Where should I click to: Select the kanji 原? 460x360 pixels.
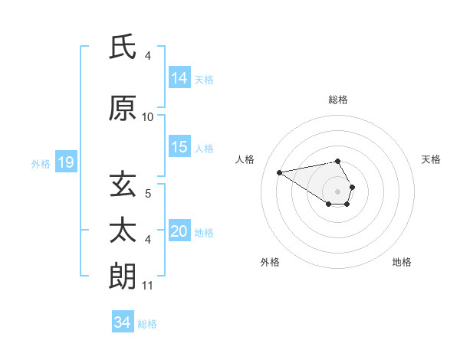pyautogui.click(x=123, y=109)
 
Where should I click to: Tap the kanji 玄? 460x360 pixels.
pyautogui.click(x=123, y=185)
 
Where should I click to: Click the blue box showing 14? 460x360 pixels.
pyautogui.click(x=179, y=77)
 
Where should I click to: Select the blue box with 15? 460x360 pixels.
pyautogui.click(x=179, y=147)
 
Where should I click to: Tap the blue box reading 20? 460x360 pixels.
pyautogui.click(x=179, y=231)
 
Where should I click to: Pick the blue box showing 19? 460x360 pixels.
pyautogui.click(x=66, y=162)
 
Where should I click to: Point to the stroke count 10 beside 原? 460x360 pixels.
pyautogui.click(x=148, y=117)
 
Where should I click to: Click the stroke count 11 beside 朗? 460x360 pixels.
pyautogui.click(x=148, y=286)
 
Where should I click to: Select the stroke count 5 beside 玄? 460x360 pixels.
pyautogui.click(x=148, y=194)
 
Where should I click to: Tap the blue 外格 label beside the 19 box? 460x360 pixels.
pyautogui.click(x=40, y=163)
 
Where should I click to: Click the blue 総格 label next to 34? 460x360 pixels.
pyautogui.click(x=147, y=324)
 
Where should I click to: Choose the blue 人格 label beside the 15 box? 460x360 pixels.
pyautogui.click(x=204, y=148)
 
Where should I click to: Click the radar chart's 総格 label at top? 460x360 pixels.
pyautogui.click(x=338, y=100)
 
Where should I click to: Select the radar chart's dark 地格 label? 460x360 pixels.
pyautogui.click(x=402, y=262)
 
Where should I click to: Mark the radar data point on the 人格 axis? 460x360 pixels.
pyautogui.click(x=279, y=172)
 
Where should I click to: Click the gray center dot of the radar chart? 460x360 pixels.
pyautogui.click(x=337, y=191)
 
